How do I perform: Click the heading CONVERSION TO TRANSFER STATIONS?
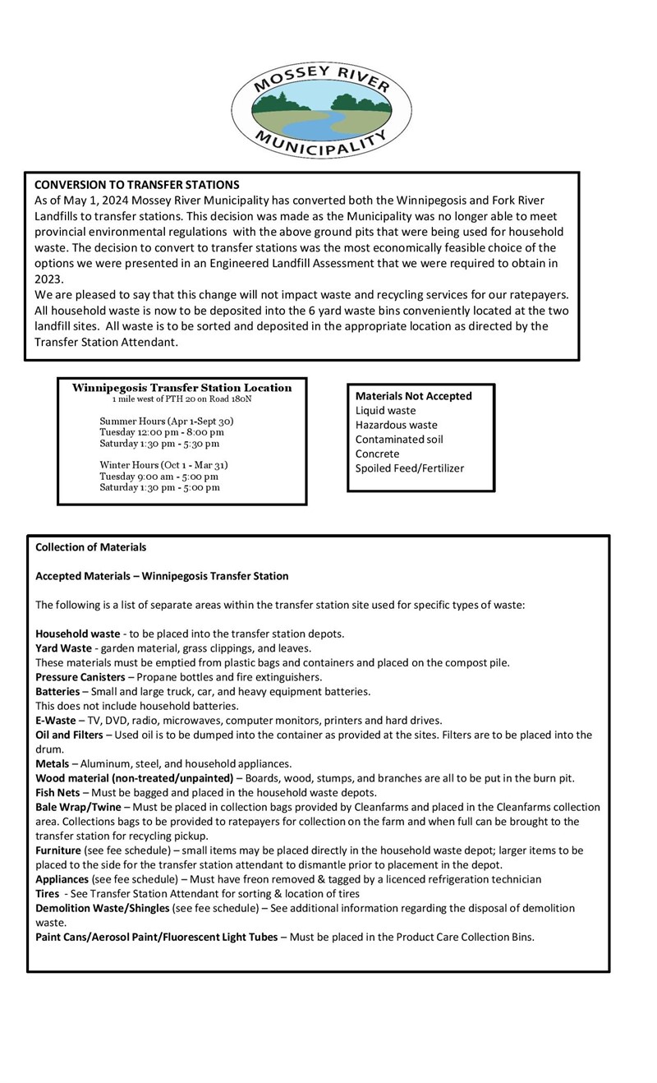136,184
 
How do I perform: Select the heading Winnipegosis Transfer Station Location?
181,388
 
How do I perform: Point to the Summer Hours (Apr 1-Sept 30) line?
167,421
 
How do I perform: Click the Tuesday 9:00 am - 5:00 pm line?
159,476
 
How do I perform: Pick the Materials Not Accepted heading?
413,396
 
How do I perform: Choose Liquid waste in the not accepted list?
385,410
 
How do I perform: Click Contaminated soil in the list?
399,439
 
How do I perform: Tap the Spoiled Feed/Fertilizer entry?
409,468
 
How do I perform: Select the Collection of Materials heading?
91,547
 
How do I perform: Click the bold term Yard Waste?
63,647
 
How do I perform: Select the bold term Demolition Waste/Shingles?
103,908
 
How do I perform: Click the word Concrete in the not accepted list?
377,454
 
